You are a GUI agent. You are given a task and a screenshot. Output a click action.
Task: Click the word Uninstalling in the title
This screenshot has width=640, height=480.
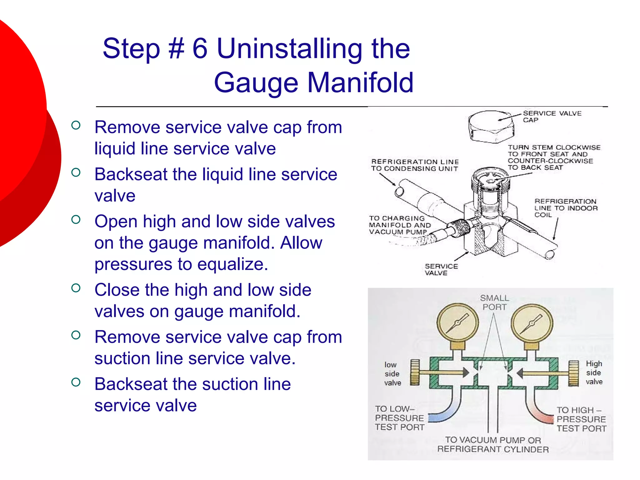pyautogui.click(x=289, y=49)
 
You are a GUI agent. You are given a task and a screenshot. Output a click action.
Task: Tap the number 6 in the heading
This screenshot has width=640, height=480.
pyautogui.click(x=200, y=49)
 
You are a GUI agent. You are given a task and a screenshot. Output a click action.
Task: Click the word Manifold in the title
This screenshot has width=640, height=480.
pyautogui.click(x=361, y=83)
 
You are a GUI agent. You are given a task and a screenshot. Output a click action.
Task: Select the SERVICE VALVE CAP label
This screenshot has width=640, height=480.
pyautogui.click(x=552, y=117)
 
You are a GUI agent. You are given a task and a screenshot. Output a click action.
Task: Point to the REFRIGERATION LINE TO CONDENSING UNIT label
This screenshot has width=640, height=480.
pyautogui.click(x=415, y=165)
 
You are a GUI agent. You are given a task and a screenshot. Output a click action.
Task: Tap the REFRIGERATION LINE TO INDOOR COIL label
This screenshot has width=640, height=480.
pyautogui.click(x=566, y=208)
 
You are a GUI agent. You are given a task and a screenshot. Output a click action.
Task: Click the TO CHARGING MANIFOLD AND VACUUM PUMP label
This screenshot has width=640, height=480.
pyautogui.click(x=400, y=225)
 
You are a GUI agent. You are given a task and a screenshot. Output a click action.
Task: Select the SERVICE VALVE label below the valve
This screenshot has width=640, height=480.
pyautogui.click(x=441, y=269)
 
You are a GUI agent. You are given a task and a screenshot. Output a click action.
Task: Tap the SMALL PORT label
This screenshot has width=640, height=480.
pyautogui.click(x=494, y=302)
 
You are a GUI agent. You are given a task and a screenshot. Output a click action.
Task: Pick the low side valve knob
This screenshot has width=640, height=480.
pyautogui.click(x=415, y=372)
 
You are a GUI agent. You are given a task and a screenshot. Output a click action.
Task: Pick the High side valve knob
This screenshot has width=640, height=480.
pyautogui.click(x=574, y=373)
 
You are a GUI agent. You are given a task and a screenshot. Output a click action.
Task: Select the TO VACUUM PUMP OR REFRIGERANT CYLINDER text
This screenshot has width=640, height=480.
pyautogui.click(x=493, y=444)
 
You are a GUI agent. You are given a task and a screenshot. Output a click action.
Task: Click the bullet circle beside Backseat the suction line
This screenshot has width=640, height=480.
pyautogui.click(x=76, y=382)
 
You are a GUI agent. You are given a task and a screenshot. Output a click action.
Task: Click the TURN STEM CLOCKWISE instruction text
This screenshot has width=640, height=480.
pyautogui.click(x=554, y=157)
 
